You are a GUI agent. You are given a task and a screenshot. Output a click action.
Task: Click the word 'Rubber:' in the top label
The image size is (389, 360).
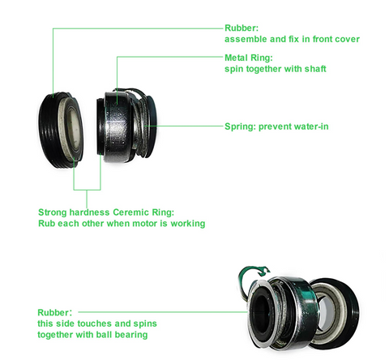point(242,28)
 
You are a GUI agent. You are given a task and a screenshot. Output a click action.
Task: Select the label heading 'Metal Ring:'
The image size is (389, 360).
point(249,58)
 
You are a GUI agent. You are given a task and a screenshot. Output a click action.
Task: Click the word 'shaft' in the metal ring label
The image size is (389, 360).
point(315,69)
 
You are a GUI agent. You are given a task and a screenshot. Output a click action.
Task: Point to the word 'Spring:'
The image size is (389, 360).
point(240,126)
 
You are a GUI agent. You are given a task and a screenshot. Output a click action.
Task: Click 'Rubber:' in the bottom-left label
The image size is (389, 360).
point(55,312)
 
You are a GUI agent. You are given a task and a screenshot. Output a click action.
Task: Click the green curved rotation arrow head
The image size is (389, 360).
point(263,271)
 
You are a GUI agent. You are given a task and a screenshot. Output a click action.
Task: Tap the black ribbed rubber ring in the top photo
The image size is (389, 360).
point(50,130)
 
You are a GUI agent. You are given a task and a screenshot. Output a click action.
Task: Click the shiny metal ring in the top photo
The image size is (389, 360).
point(119,127)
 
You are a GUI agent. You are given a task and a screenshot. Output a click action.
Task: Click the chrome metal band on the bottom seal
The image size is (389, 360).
point(298,302)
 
